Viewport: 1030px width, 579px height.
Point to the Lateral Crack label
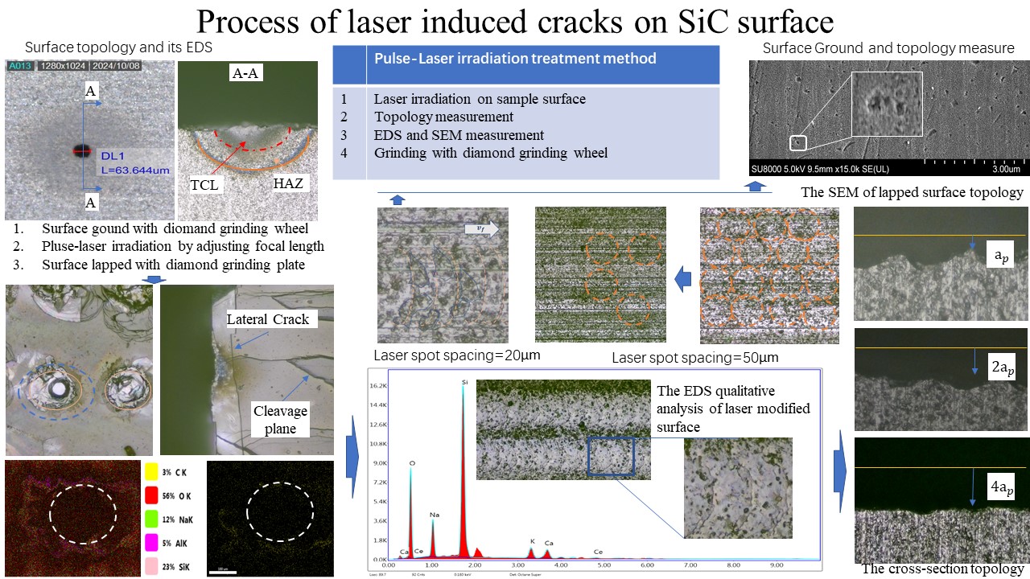click(268, 319)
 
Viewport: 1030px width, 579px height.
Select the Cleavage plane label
click(281, 420)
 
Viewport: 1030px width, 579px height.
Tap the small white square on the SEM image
click(798, 143)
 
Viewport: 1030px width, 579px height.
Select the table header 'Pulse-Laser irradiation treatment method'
click(515, 58)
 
